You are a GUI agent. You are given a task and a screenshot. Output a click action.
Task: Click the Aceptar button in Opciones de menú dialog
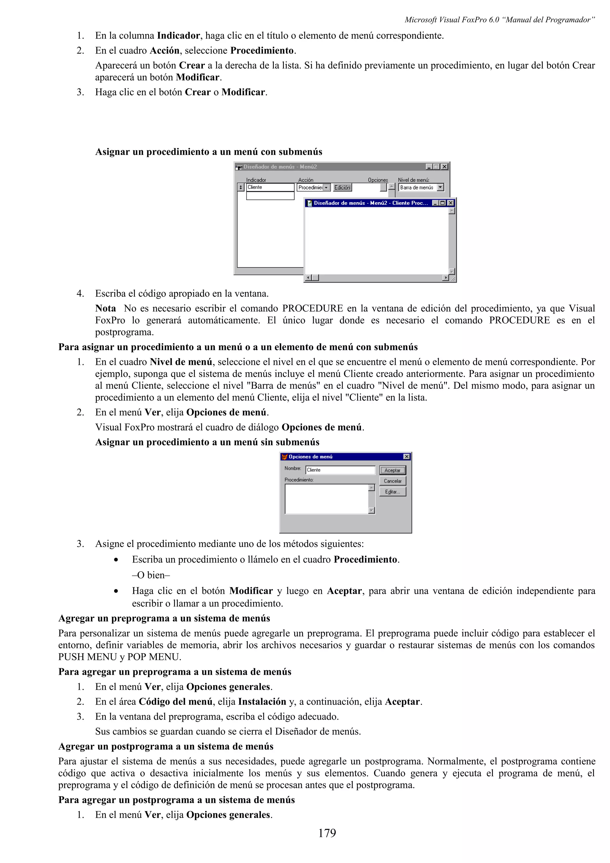coord(392,470)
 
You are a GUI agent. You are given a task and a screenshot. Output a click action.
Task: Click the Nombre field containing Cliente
coord(340,470)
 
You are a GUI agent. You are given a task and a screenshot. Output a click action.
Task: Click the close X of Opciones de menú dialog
coord(406,457)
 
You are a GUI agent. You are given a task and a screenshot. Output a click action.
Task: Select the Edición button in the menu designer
coord(342,187)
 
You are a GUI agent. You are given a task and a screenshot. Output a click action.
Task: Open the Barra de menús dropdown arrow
coord(441,187)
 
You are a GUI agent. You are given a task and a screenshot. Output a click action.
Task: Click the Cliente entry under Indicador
coord(270,187)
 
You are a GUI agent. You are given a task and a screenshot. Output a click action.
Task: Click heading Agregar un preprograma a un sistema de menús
coord(164,618)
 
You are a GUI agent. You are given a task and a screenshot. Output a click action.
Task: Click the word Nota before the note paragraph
coord(106,309)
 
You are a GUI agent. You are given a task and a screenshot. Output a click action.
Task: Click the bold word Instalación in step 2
coord(262,702)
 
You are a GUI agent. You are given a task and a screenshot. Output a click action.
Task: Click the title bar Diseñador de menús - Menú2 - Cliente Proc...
coord(370,203)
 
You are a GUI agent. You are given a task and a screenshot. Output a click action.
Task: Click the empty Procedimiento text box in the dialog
coord(326,499)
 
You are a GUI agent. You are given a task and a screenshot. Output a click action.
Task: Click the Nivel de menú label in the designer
coord(413,180)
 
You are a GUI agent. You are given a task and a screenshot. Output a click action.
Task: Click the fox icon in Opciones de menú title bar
coord(284,457)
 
